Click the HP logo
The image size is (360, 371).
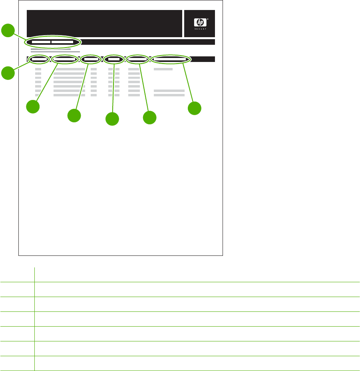[198, 22]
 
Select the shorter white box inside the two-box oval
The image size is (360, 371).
[41, 42]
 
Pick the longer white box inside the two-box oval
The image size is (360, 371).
[62, 42]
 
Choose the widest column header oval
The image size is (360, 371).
[171, 59]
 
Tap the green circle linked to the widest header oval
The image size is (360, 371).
[195, 108]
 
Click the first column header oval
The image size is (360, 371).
[39, 59]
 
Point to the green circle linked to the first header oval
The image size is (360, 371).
[8, 73]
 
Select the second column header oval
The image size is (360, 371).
[64, 59]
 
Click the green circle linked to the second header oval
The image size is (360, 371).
[33, 107]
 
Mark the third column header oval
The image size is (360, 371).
[91, 59]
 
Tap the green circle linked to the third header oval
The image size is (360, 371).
[74, 116]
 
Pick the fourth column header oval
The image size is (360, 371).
[114, 59]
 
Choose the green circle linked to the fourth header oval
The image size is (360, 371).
[112, 119]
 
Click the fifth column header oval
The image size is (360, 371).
[137, 59]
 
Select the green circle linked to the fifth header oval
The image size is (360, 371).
[149, 118]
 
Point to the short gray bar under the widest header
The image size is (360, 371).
[163, 69]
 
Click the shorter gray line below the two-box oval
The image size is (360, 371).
[51, 49]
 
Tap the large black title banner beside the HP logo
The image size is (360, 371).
[104, 23]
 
